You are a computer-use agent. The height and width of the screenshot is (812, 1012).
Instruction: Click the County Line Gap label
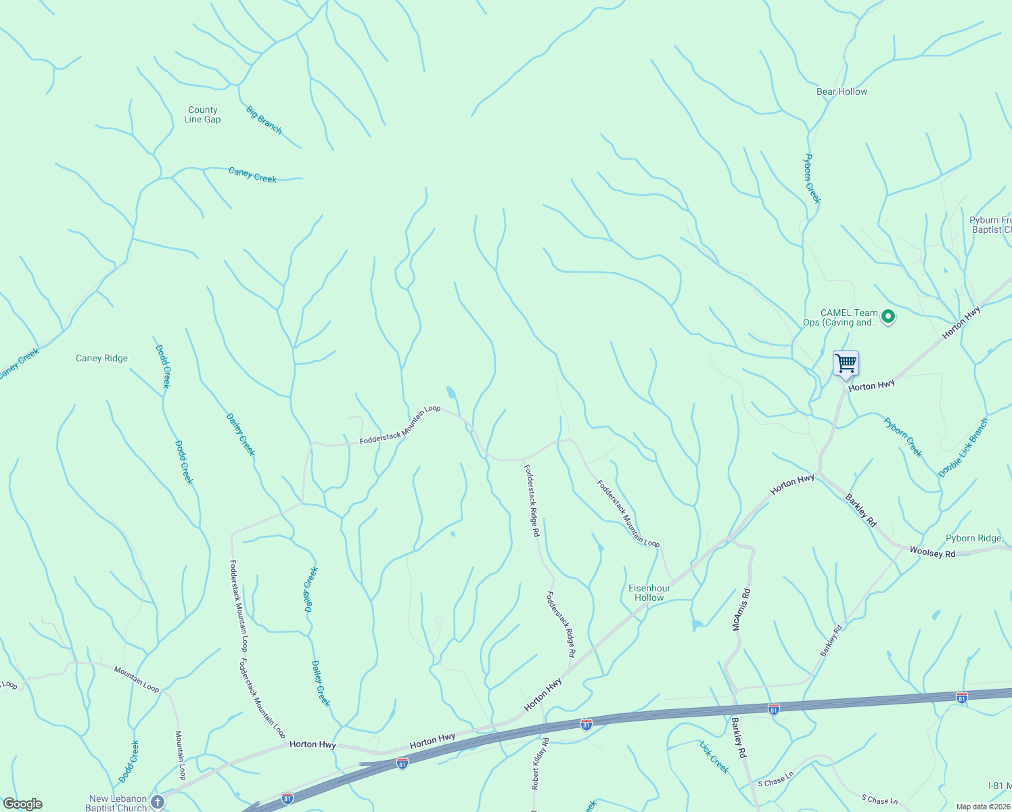(202, 114)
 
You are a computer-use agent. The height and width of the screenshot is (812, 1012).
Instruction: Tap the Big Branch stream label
(264, 120)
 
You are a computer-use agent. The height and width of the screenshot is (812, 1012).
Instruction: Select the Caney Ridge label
(101, 358)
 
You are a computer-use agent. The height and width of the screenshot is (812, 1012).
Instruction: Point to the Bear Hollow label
(842, 91)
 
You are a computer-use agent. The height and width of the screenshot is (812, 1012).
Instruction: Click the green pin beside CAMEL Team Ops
(889, 316)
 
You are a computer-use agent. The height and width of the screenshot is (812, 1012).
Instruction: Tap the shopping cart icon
(846, 364)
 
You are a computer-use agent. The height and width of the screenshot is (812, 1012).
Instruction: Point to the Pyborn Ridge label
(973, 538)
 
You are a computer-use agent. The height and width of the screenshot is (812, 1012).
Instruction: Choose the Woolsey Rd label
(932, 552)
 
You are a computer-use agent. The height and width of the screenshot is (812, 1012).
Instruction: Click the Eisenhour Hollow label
(649, 593)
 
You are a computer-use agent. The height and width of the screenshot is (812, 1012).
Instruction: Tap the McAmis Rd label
(741, 610)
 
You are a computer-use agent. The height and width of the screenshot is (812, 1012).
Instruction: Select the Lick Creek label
(714, 757)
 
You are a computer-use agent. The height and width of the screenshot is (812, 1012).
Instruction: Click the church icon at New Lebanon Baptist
(157, 803)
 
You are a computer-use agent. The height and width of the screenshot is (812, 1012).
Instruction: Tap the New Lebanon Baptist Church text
(117, 803)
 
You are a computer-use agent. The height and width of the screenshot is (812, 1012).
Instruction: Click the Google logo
(23, 804)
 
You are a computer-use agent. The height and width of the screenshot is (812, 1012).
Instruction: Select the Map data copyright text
(983, 807)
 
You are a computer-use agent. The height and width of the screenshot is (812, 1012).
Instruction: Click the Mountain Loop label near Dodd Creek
(136, 679)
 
